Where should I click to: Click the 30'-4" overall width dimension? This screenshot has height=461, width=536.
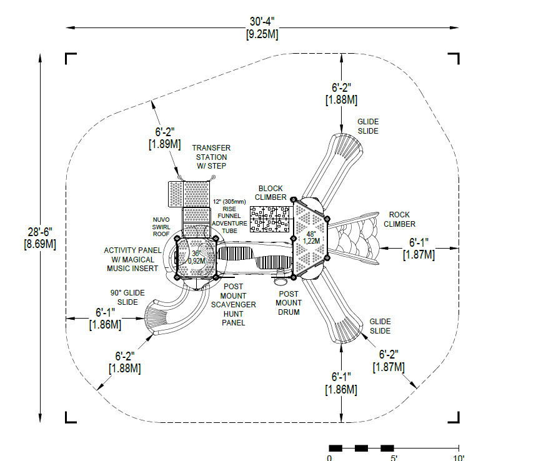(262, 27)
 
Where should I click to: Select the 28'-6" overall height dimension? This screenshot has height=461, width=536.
(40, 238)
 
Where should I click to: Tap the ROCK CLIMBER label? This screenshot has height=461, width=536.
(399, 219)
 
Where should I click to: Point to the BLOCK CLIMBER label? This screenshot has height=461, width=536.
(270, 193)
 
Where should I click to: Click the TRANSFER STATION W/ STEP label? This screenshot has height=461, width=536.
(211, 157)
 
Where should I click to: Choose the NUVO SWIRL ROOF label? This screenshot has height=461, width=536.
(161, 227)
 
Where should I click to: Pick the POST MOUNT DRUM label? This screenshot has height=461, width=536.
(289, 303)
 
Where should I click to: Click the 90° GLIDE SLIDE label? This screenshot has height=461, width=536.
(127, 297)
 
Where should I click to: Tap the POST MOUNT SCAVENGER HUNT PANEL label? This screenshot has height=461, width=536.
(234, 304)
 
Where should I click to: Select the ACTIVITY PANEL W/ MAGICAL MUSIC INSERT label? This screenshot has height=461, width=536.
(132, 259)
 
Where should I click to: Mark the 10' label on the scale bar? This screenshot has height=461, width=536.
(459, 458)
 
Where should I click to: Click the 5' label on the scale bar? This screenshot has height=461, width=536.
(394, 458)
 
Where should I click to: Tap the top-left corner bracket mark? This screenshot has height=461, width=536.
(71, 59)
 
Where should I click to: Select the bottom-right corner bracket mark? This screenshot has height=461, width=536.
(454, 417)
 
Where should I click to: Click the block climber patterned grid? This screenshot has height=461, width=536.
(270, 219)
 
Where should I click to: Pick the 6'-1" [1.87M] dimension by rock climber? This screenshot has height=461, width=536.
(419, 249)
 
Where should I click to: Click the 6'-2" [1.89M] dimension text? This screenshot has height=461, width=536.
(165, 137)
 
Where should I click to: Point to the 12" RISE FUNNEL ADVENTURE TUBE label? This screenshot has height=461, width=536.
(229, 216)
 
